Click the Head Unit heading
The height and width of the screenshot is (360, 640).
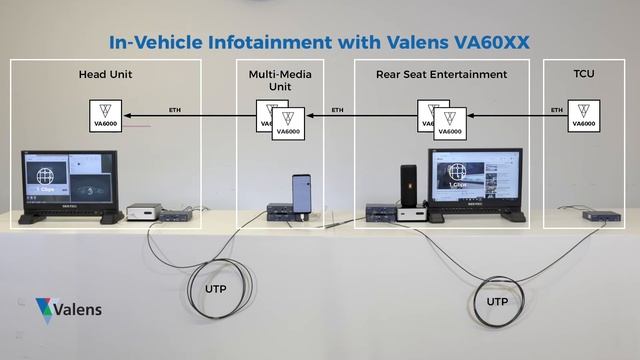click(105, 74)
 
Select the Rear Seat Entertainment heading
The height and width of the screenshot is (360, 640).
click(441, 74)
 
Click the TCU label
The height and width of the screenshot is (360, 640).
click(584, 74)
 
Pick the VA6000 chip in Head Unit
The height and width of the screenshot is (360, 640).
click(105, 115)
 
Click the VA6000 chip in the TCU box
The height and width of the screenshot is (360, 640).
click(583, 115)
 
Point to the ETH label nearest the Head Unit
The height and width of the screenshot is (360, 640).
click(176, 109)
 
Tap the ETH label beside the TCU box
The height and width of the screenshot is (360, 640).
click(556, 109)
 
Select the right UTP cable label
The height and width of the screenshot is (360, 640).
click(496, 300)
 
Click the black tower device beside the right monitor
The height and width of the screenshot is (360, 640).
click(408, 185)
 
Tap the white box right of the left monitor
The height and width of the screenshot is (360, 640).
click(144, 212)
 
